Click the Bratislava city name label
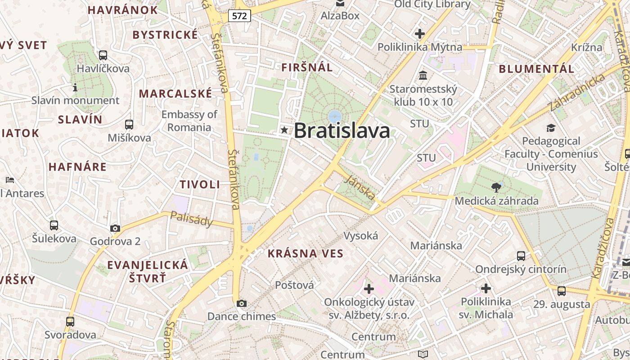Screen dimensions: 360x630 pos(342,131)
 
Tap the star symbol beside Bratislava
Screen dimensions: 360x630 pos(284,130)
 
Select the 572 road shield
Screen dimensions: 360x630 pos(239,16)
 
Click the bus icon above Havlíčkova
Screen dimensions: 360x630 pos(103,55)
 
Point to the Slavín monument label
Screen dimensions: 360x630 pos(75,100)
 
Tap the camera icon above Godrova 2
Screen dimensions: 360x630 pos(115,228)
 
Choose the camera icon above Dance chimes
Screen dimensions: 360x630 pos(242,303)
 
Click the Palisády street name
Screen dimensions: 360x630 pos(191,219)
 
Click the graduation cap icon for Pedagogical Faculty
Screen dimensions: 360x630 pos(551,128)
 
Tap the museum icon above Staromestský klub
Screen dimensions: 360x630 pos(423,75)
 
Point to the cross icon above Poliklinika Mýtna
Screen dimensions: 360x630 pos(420,34)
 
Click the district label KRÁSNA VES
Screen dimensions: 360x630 pos(306,253)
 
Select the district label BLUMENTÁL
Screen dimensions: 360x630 pos(536,69)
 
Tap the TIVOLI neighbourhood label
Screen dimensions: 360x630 pos(200,184)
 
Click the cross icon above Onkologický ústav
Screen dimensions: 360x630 pos(369,288)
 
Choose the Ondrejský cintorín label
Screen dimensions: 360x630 pos(521,269)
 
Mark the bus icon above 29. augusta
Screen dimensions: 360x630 pos(562,291)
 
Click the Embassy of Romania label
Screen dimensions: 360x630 pos(189,121)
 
